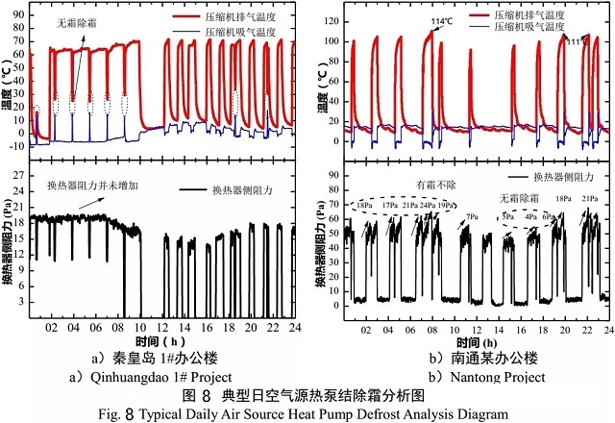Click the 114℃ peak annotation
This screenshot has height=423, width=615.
pyautogui.click(x=441, y=21)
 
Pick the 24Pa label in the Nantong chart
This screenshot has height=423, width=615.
pyautogui.click(x=428, y=206)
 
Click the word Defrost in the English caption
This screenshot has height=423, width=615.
pyautogui.click(x=341, y=412)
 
